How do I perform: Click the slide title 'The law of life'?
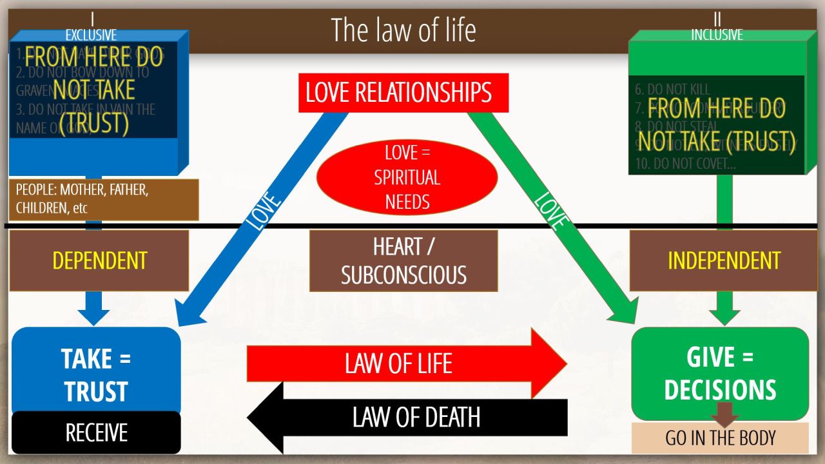[403, 30]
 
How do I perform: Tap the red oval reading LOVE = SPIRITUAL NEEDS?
[407, 177]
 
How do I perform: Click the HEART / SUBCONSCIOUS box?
[403, 260]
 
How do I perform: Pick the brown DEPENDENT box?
[99, 260]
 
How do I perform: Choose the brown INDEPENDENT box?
[724, 260]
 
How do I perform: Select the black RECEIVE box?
[96, 432]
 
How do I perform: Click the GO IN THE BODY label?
[720, 438]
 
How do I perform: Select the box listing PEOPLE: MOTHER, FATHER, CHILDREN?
[103, 200]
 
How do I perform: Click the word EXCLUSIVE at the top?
[91, 35]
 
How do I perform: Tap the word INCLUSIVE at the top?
[717, 35]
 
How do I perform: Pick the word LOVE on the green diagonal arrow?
[551, 210]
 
